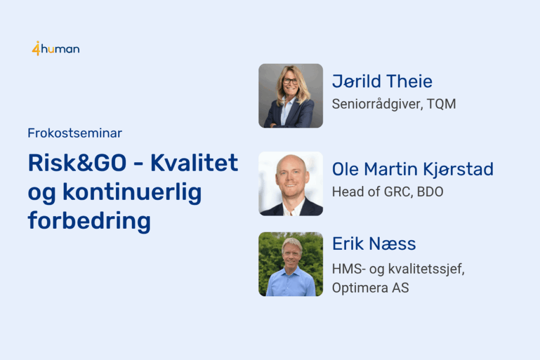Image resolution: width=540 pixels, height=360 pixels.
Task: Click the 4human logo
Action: click(56, 48)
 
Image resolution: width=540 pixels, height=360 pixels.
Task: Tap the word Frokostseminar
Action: click(75, 133)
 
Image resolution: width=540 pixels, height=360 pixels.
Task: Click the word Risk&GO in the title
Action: click(77, 163)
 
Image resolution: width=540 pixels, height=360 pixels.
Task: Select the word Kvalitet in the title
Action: click(194, 163)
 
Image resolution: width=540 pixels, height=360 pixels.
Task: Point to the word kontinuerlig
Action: click(132, 193)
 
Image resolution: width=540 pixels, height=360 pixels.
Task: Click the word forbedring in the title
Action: click(89, 221)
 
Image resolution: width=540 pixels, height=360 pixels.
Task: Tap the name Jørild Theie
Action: click(382, 82)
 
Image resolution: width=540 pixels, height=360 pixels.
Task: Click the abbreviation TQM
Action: click(441, 104)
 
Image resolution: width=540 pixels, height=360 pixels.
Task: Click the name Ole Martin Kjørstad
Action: click(412, 170)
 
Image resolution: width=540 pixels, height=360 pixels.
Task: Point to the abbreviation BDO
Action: click(430, 192)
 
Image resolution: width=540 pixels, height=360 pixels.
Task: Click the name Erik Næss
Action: click(374, 244)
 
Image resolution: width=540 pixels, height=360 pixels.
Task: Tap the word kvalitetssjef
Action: click(426, 269)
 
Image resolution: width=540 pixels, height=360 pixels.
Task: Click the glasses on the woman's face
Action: click(291, 81)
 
